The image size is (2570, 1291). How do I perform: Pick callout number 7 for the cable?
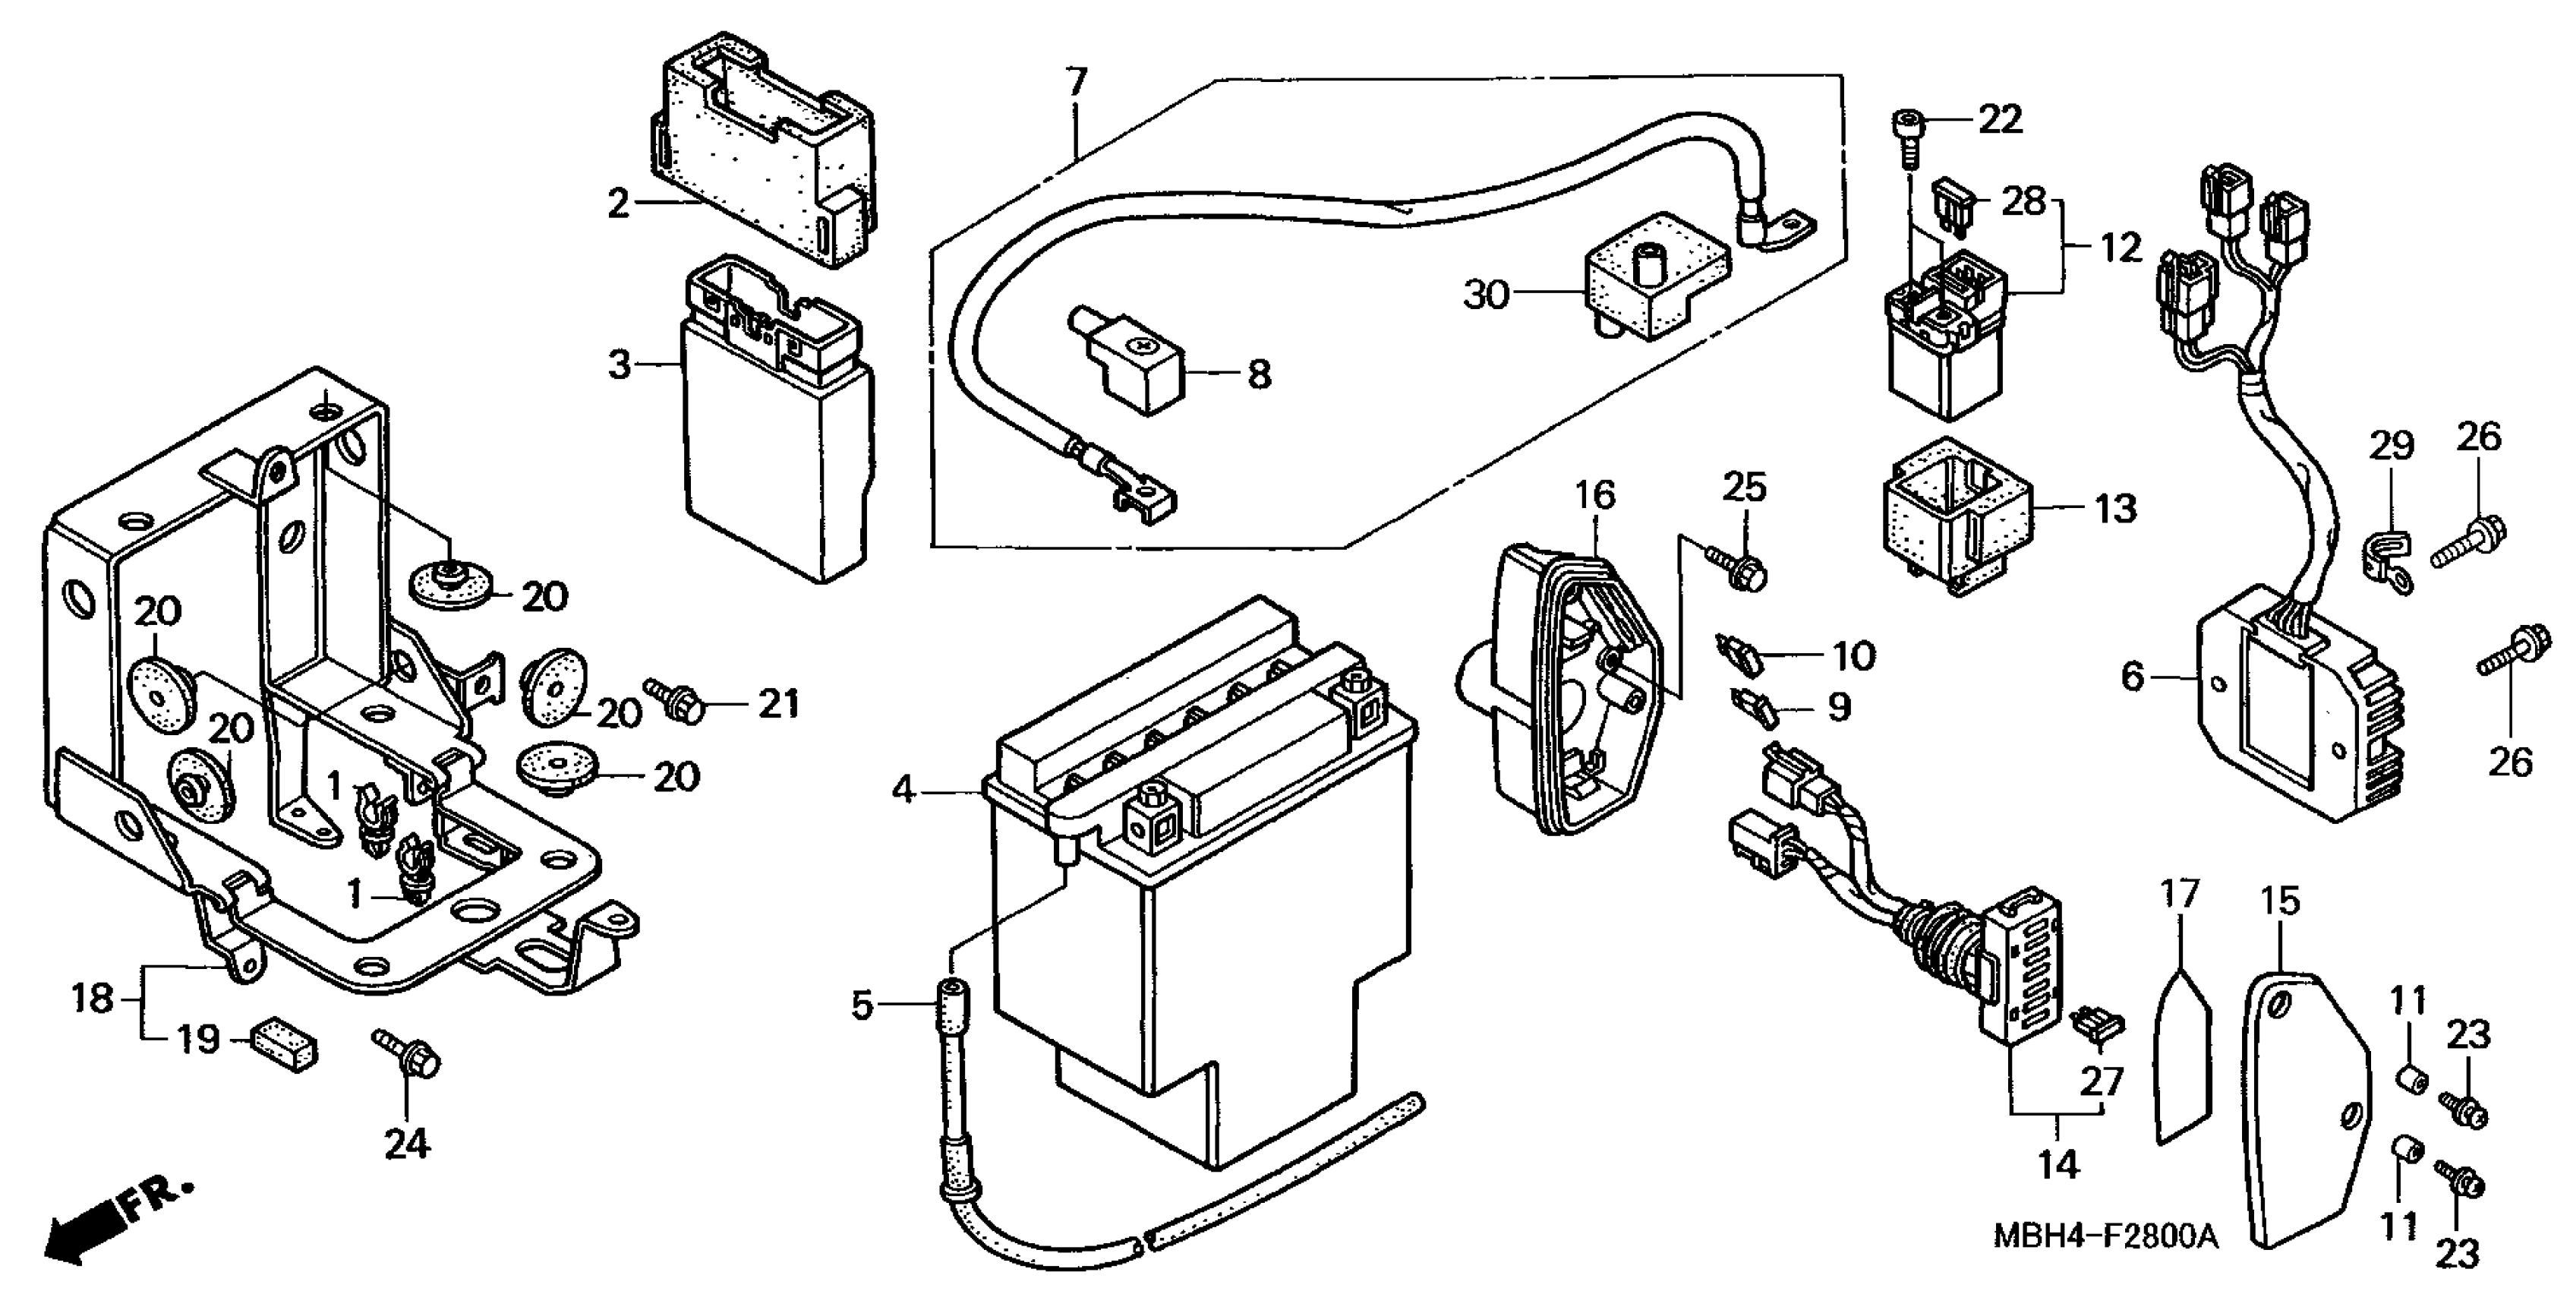click(1076, 82)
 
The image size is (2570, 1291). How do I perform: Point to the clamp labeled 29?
click(2389, 563)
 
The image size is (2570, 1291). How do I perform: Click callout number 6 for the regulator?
click(2132, 677)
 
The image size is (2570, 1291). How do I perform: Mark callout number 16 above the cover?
click(1594, 495)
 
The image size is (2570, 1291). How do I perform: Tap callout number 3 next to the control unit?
click(620, 365)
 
